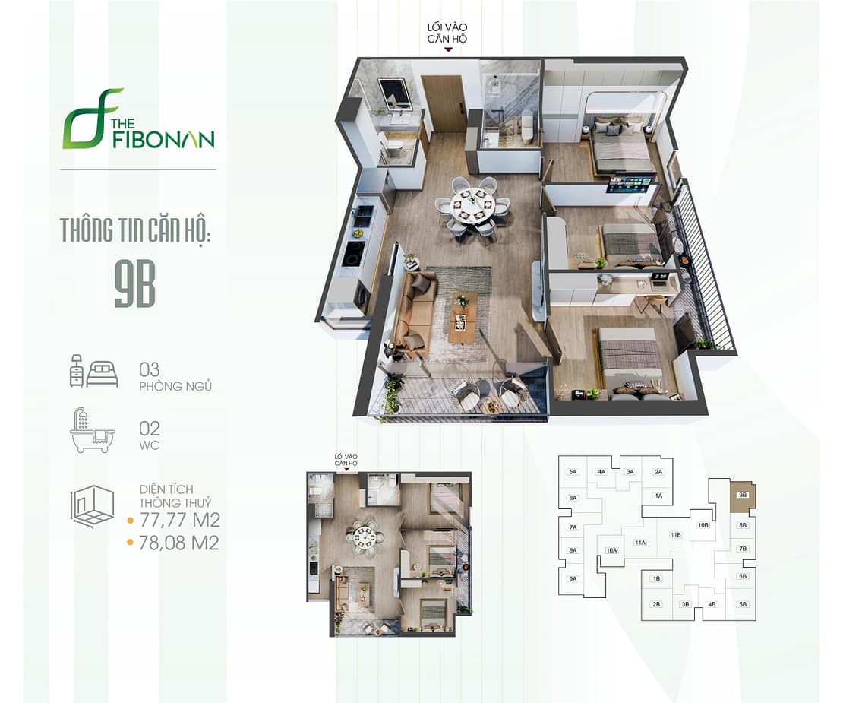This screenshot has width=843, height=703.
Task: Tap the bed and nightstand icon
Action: click(x=93, y=371)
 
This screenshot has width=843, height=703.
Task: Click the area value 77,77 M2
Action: click(x=179, y=521)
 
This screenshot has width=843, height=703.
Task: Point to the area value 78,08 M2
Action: click(x=179, y=543)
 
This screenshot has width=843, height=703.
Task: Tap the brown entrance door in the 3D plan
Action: click(x=443, y=104)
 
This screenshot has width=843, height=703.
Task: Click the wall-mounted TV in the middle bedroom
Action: click(x=630, y=185)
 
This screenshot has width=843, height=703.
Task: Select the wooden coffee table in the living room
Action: click(x=462, y=315)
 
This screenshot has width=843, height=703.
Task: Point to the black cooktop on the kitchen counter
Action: click(x=353, y=253)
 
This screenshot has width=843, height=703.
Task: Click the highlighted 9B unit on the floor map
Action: click(x=742, y=496)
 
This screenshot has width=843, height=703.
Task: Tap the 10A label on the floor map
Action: click(x=612, y=550)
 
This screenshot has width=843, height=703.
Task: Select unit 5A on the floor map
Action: click(x=573, y=472)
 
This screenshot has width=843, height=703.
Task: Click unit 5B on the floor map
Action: click(x=743, y=604)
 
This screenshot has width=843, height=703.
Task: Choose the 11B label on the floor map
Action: click(x=675, y=535)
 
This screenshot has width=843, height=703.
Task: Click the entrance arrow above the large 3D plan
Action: click(x=449, y=49)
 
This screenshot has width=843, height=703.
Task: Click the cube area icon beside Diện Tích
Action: click(x=92, y=506)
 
